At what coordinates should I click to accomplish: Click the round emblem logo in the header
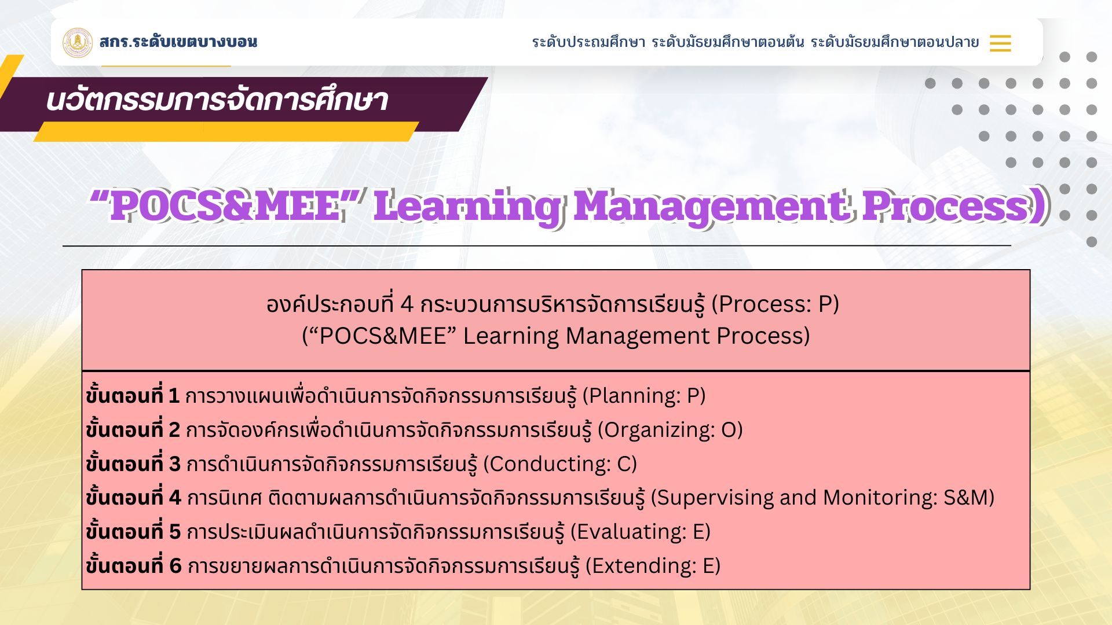pyautogui.click(x=78, y=43)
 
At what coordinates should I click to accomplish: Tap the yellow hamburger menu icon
pyautogui.click(x=1000, y=43)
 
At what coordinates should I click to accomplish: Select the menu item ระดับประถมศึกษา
pyautogui.click(x=588, y=42)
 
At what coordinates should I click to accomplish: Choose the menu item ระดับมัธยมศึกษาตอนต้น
pyautogui.click(x=728, y=42)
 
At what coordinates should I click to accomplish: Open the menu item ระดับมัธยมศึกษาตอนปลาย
pyautogui.click(x=895, y=42)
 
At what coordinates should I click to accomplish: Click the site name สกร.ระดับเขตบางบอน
pyautogui.click(x=178, y=42)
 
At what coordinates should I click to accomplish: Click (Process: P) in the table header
pyautogui.click(x=775, y=304)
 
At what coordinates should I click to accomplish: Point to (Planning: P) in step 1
pyautogui.click(x=644, y=396)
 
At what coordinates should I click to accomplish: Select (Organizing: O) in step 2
pyautogui.click(x=670, y=430)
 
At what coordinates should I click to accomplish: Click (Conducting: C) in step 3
pyautogui.click(x=560, y=464)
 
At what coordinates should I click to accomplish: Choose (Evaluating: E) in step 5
pyautogui.click(x=641, y=532)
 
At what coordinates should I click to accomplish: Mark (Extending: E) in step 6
pyautogui.click(x=653, y=566)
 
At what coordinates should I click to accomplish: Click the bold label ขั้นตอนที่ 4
pyautogui.click(x=133, y=497)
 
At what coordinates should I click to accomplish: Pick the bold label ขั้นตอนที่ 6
pyautogui.click(x=134, y=565)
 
